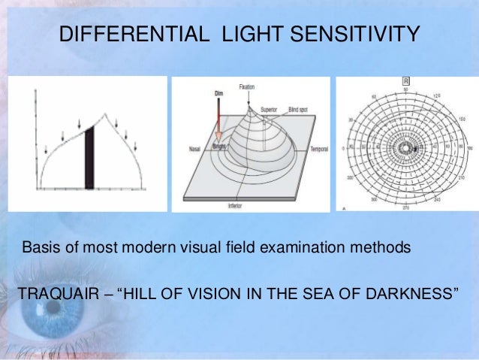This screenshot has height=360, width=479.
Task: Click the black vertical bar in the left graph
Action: pyautogui.click(x=89, y=158)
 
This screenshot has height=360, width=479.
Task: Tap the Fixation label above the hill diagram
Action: pyautogui.click(x=248, y=88)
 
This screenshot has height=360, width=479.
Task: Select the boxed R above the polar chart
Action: pyautogui.click(x=406, y=80)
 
